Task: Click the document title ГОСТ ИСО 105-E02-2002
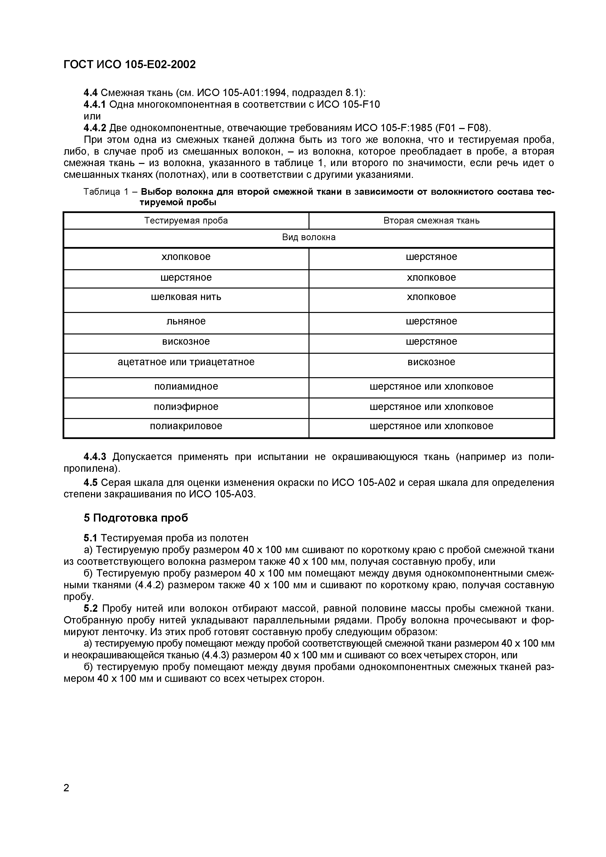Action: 130,64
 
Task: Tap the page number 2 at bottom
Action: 66,788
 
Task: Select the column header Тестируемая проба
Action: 186,221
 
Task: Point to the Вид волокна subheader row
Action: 309,237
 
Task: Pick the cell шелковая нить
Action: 186,297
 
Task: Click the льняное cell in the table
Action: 186,321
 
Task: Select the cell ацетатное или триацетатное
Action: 186,362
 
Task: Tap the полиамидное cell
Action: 186,386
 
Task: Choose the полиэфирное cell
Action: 186,407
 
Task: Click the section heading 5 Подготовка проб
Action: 136,518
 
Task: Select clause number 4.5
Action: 90,483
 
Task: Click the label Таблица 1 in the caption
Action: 106,192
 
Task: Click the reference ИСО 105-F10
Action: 348,105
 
